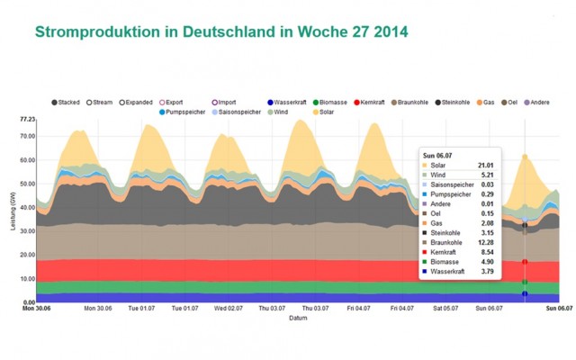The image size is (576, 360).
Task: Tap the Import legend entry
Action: coord(268,103)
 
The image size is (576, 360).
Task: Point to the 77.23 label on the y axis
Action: coord(27,120)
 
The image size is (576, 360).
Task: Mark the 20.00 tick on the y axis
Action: coord(27,255)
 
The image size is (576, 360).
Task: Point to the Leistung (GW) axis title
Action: coord(13,212)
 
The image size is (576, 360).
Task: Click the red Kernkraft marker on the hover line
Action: coord(525,262)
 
